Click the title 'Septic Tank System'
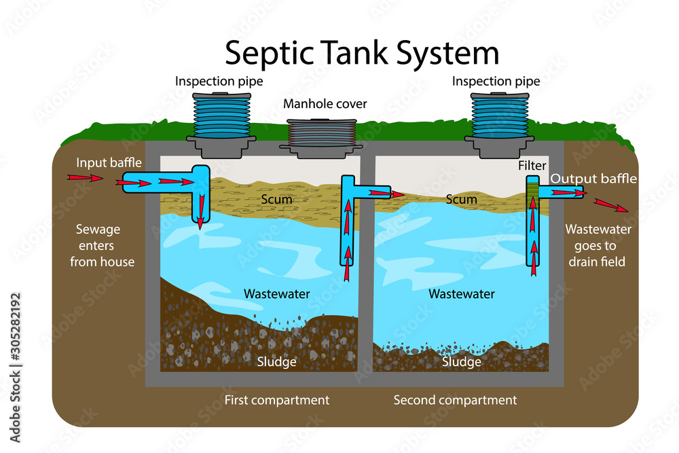362,52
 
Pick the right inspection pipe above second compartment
497,120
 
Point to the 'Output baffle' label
593,179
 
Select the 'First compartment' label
277,400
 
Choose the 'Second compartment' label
455,400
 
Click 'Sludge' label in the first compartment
276,362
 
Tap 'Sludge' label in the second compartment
462,362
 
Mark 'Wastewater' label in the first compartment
277,294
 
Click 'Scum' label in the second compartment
462,199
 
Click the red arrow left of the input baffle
85,179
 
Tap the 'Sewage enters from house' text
103,245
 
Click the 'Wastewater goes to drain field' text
598,245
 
